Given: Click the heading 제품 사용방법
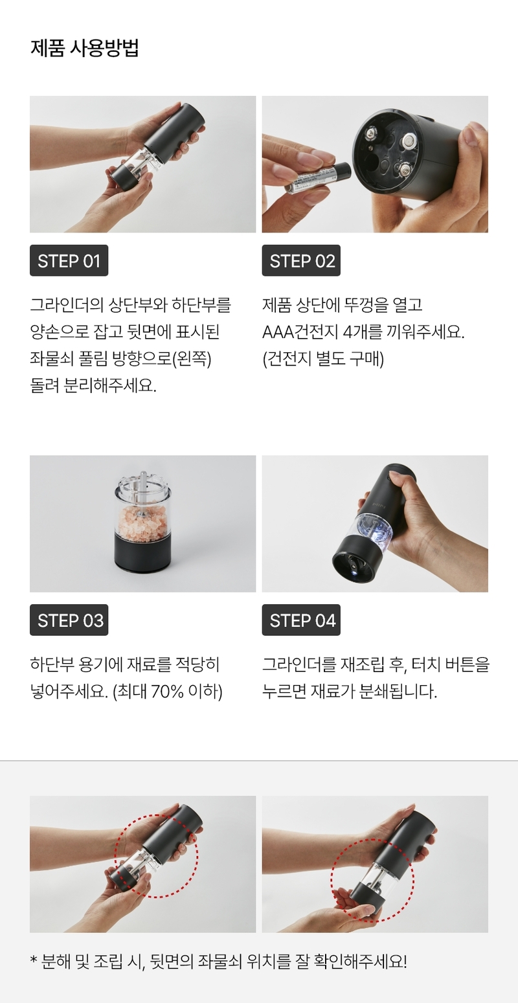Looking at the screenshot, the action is coord(84,48).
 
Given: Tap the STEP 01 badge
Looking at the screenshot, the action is coord(69,260).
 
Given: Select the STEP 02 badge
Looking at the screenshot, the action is coord(301,260).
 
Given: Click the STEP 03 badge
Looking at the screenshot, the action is coord(69,620).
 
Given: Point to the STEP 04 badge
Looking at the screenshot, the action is coord(301,620).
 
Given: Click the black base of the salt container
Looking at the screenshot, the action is coord(143,555).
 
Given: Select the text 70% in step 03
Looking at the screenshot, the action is coord(168,692).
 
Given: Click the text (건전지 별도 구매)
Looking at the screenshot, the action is coord(323,359).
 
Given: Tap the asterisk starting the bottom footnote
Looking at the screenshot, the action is coord(34,960).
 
